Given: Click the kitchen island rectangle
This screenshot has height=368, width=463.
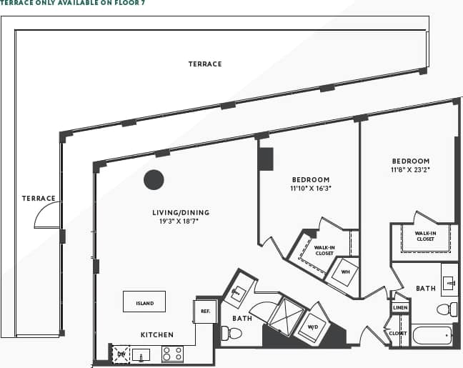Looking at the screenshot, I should point(144,302).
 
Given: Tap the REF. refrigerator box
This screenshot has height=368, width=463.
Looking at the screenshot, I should point(204,312).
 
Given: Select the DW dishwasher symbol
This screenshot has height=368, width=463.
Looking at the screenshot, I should point(121,353).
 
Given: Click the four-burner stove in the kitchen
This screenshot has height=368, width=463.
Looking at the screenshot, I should point(172,354).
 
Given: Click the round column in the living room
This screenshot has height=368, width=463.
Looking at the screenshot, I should point(154,179).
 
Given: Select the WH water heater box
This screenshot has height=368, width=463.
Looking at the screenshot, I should point(344,272).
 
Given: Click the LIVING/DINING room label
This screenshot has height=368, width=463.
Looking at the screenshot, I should point(175,212).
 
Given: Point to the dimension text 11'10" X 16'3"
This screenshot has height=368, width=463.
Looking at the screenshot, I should point(311,189).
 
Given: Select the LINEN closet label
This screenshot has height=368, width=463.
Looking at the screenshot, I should point(400,307).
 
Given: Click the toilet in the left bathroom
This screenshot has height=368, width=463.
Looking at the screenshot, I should point(231,333).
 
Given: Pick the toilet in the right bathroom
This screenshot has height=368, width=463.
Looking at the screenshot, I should point(448,309).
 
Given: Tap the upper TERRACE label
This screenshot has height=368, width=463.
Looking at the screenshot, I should point(205,64).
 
